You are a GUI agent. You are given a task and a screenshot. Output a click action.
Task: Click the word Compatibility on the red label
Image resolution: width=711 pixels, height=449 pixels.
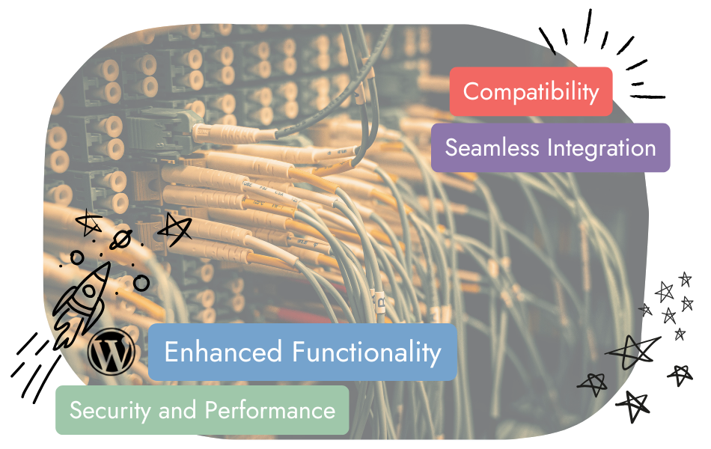(x=531, y=92)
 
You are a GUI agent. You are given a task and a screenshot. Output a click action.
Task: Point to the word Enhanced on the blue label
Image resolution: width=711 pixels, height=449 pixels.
(x=223, y=352)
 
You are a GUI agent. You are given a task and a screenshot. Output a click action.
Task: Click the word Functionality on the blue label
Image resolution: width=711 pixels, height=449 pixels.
(x=366, y=352)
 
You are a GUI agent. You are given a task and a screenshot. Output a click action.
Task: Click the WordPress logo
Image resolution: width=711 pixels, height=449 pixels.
(x=112, y=352)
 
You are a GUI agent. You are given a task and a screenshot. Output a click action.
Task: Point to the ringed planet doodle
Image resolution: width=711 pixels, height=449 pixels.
(x=121, y=239)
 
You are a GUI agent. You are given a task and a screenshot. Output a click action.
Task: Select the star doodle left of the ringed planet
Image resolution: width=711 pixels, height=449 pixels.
(x=89, y=222)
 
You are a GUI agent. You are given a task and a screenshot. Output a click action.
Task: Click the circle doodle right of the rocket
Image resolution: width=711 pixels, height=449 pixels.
(x=141, y=283)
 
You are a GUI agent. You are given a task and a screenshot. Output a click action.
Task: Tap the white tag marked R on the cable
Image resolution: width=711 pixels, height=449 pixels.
(x=379, y=302)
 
